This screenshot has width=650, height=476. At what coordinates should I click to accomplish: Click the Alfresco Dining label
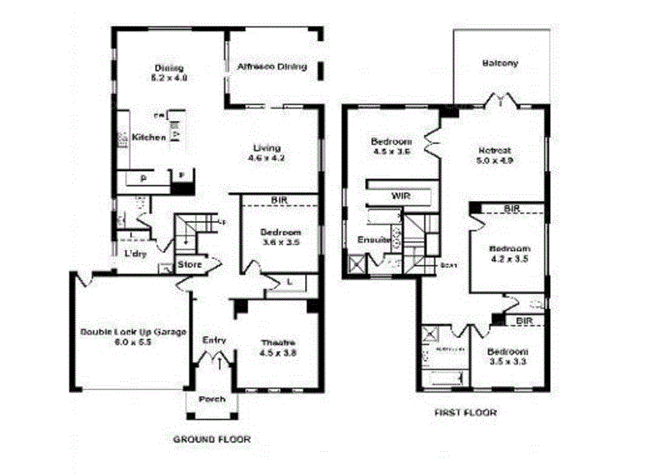pyautogui.click(x=272, y=67)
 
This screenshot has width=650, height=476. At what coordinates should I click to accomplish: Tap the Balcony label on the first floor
pyautogui.click(x=500, y=63)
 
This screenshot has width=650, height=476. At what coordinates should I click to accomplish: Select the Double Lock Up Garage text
pyautogui.click(x=132, y=332)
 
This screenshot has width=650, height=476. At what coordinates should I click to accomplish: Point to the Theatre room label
pyautogui.click(x=278, y=343)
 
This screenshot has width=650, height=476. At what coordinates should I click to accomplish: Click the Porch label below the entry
pyautogui.click(x=212, y=399)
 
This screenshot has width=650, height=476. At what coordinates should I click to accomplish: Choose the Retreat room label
pyautogui.click(x=494, y=150)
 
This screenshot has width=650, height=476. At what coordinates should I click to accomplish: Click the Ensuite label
pyautogui.click(x=375, y=240)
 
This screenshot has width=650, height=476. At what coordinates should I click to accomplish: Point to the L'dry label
pyautogui.click(x=135, y=254)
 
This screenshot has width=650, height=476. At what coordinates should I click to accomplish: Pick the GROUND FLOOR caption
pyautogui.click(x=211, y=438)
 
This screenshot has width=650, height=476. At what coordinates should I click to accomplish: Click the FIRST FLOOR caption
pyautogui.click(x=466, y=413)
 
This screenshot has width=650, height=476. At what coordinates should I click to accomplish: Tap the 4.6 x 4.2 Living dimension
pyautogui.click(x=268, y=158)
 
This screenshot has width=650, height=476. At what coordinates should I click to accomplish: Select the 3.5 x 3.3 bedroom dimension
pyautogui.click(x=507, y=363)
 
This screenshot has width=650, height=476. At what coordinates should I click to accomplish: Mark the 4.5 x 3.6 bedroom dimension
pyautogui.click(x=392, y=152)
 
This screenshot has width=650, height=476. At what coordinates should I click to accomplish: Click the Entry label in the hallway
pyautogui.click(x=215, y=340)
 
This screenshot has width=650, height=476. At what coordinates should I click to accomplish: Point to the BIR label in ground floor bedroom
pyautogui.click(x=278, y=200)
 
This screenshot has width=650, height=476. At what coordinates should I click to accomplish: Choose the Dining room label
pyautogui.click(x=168, y=68)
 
